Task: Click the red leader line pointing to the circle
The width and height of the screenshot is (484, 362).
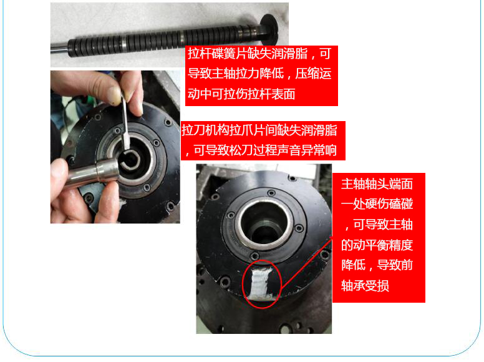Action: (307, 262)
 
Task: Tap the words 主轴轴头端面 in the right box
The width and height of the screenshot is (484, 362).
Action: (377, 183)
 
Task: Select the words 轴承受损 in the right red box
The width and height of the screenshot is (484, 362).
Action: (365, 286)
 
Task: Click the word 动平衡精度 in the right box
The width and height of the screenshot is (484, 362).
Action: (383, 245)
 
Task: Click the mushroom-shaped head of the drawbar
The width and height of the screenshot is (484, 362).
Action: (269, 29)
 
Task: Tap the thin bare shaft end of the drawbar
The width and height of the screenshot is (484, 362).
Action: (59, 49)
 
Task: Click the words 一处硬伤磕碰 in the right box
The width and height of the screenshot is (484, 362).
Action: (377, 204)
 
